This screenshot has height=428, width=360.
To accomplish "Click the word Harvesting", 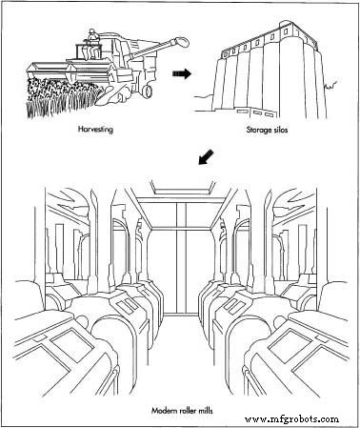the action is (95, 130).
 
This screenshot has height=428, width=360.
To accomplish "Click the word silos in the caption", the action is (281, 130).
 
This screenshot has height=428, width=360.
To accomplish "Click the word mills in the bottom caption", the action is (206, 411).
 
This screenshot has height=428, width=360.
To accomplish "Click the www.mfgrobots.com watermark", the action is (291, 419).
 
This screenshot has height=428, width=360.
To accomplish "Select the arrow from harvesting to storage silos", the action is (182, 73).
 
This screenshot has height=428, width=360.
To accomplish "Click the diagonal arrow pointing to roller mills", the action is (207, 157).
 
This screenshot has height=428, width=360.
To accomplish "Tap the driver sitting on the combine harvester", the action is (92, 44).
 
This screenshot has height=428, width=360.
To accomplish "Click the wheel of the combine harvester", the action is (148, 91).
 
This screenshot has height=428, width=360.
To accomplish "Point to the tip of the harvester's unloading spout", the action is (184, 41).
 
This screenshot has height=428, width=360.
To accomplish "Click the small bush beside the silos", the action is (330, 85).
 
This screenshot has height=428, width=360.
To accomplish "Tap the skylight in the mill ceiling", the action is (184, 188).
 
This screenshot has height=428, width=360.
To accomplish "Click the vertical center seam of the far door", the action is (177, 257).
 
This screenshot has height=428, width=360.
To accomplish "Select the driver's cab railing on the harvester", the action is (88, 51).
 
